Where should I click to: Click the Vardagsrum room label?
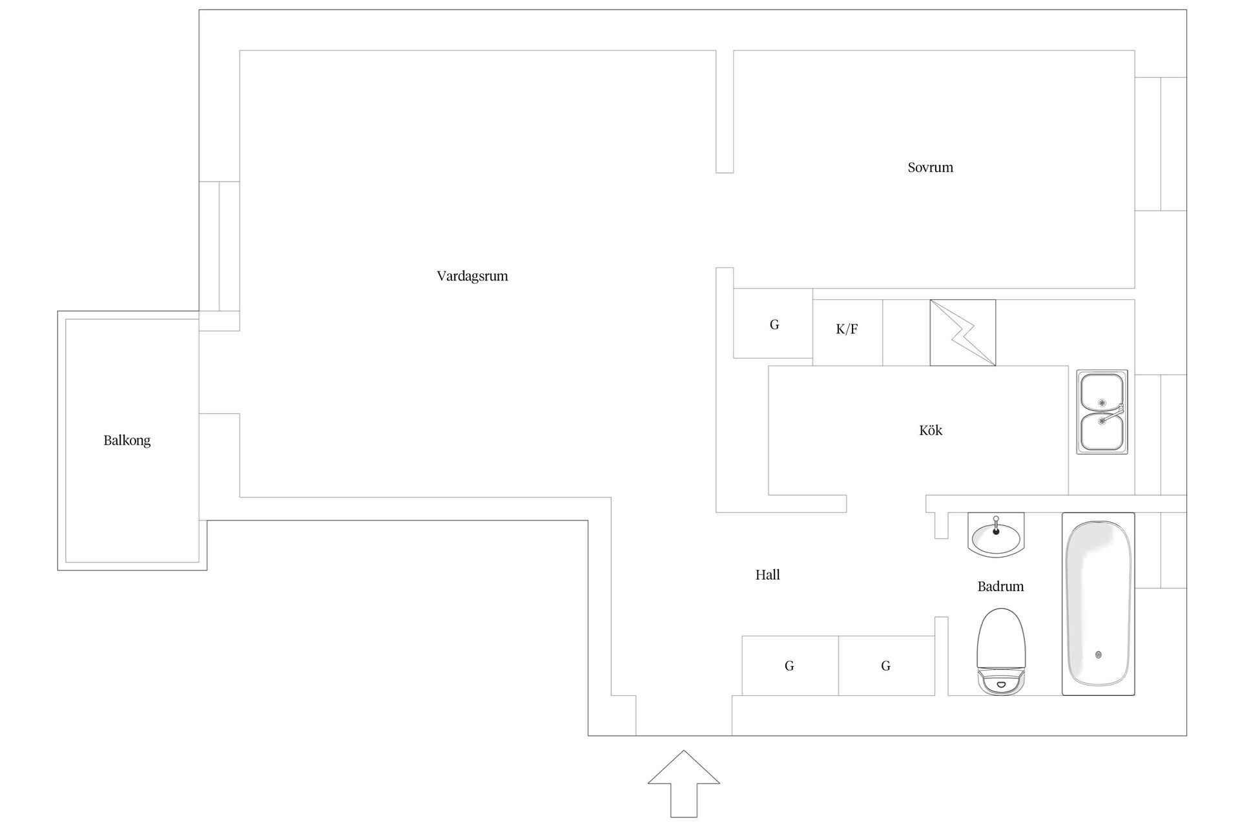pos(472,277)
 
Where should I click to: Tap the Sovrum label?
pos(930,168)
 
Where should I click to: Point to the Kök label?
pos(931,430)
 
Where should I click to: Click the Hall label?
pos(768,575)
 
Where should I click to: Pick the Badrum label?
pos(1000,587)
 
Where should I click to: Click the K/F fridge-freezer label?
pos(847,330)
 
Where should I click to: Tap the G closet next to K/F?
pos(773,323)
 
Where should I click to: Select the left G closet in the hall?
pos(790,665)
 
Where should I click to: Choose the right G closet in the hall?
pos(886,665)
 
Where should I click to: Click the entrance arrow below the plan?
pos(684,784)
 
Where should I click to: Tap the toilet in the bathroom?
pos(1001,651)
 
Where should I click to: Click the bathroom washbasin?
pos(996,535)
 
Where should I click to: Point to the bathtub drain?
pos(1099,654)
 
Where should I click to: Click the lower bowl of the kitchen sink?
pos(1101,432)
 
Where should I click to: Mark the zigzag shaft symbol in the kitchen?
pos(963,333)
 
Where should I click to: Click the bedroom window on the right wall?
pos(1161,144)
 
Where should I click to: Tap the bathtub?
pos(1099,604)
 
